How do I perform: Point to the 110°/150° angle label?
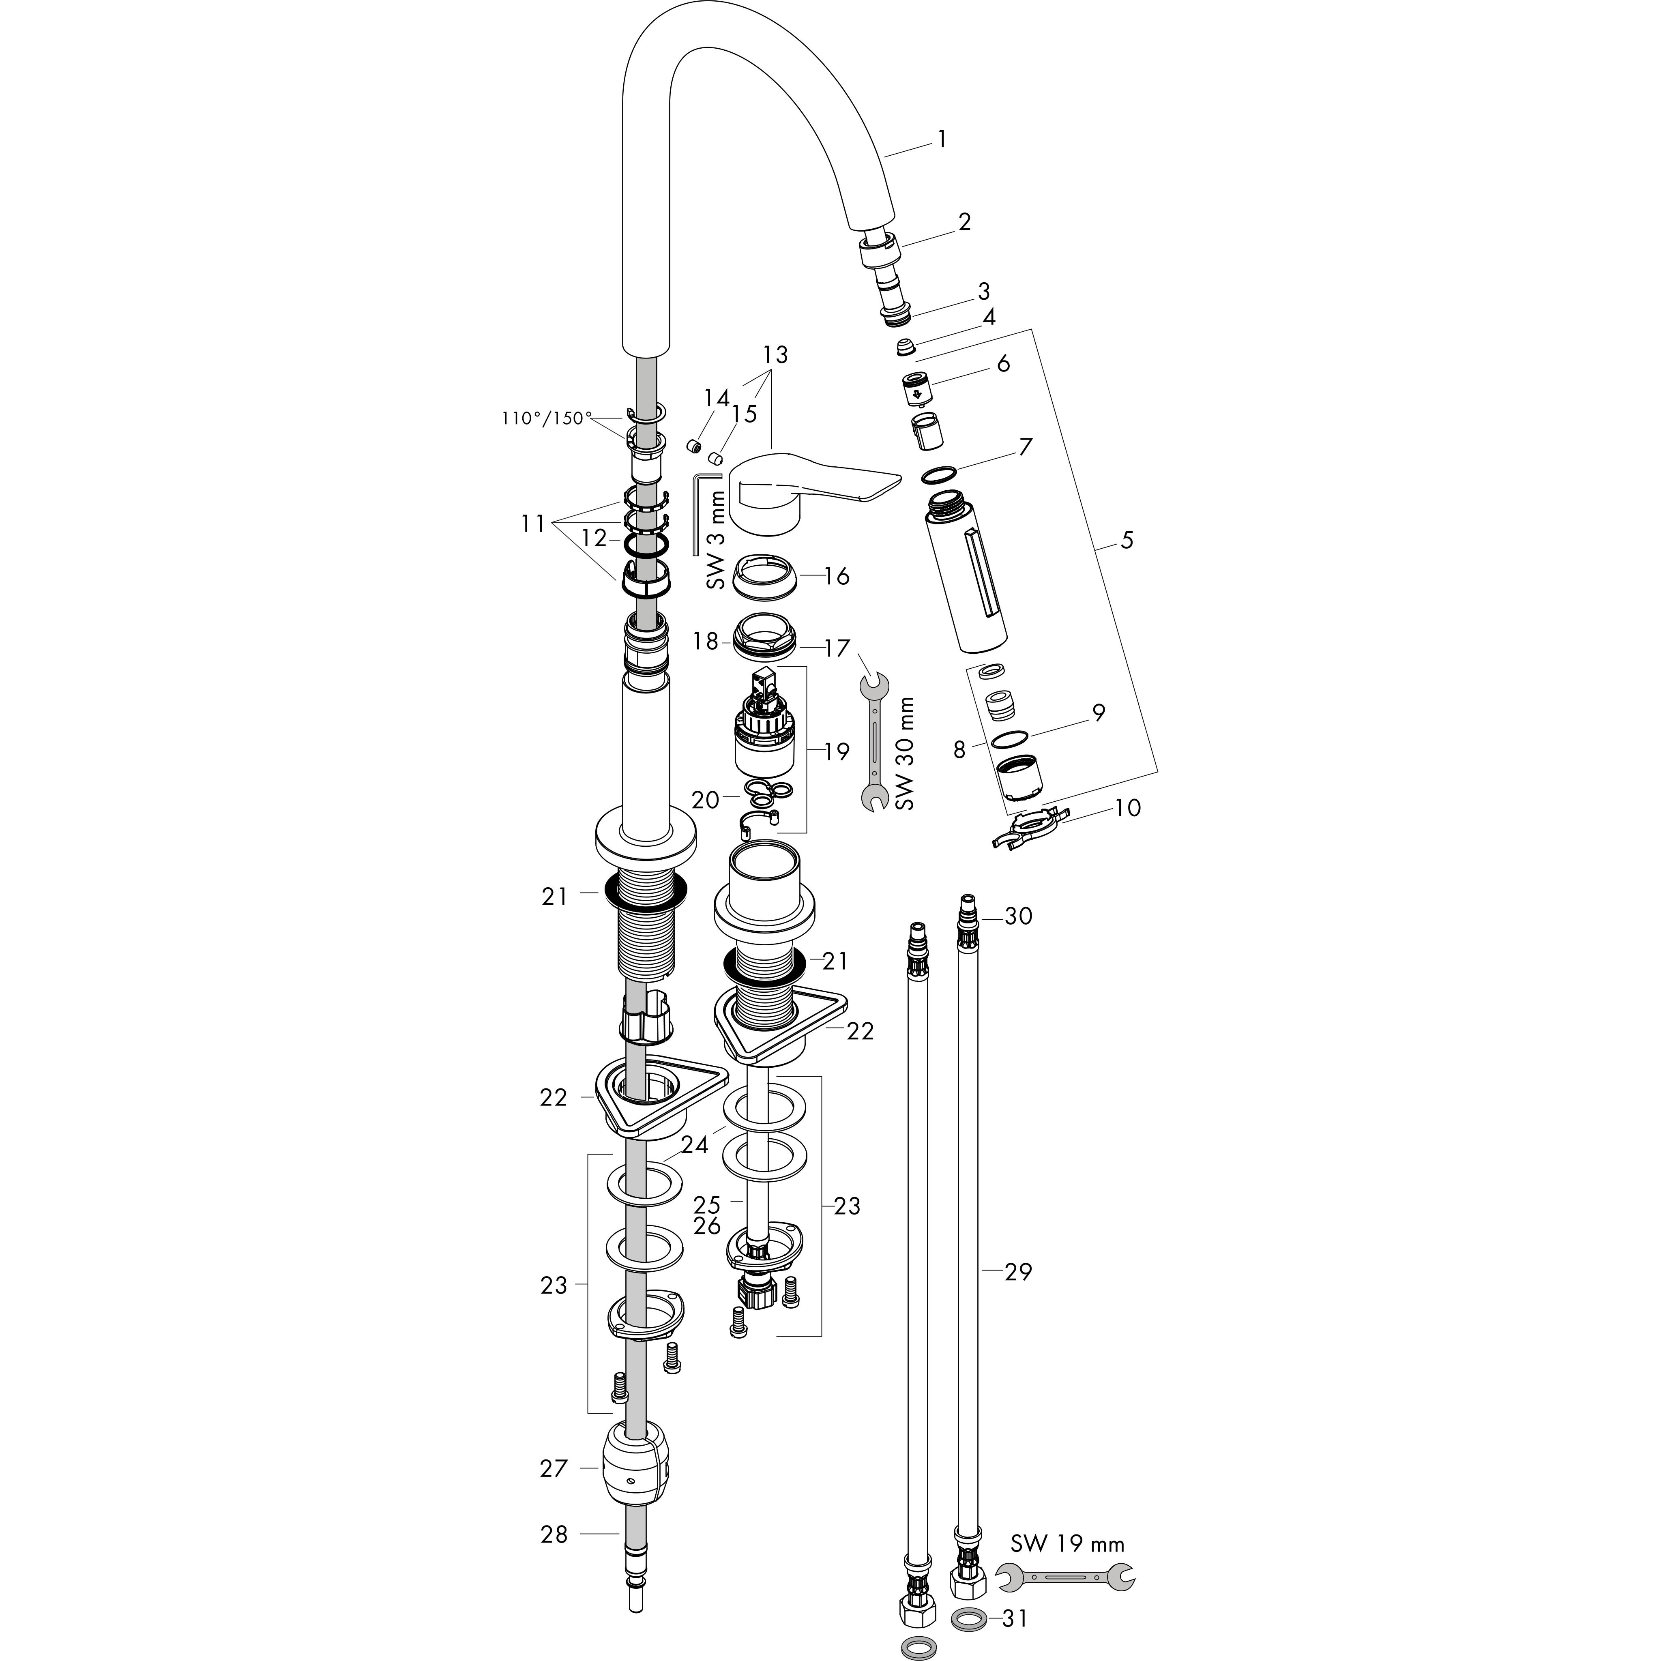[x=547, y=418]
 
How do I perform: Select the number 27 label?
[x=554, y=1468]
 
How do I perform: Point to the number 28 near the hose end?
[x=554, y=1534]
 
